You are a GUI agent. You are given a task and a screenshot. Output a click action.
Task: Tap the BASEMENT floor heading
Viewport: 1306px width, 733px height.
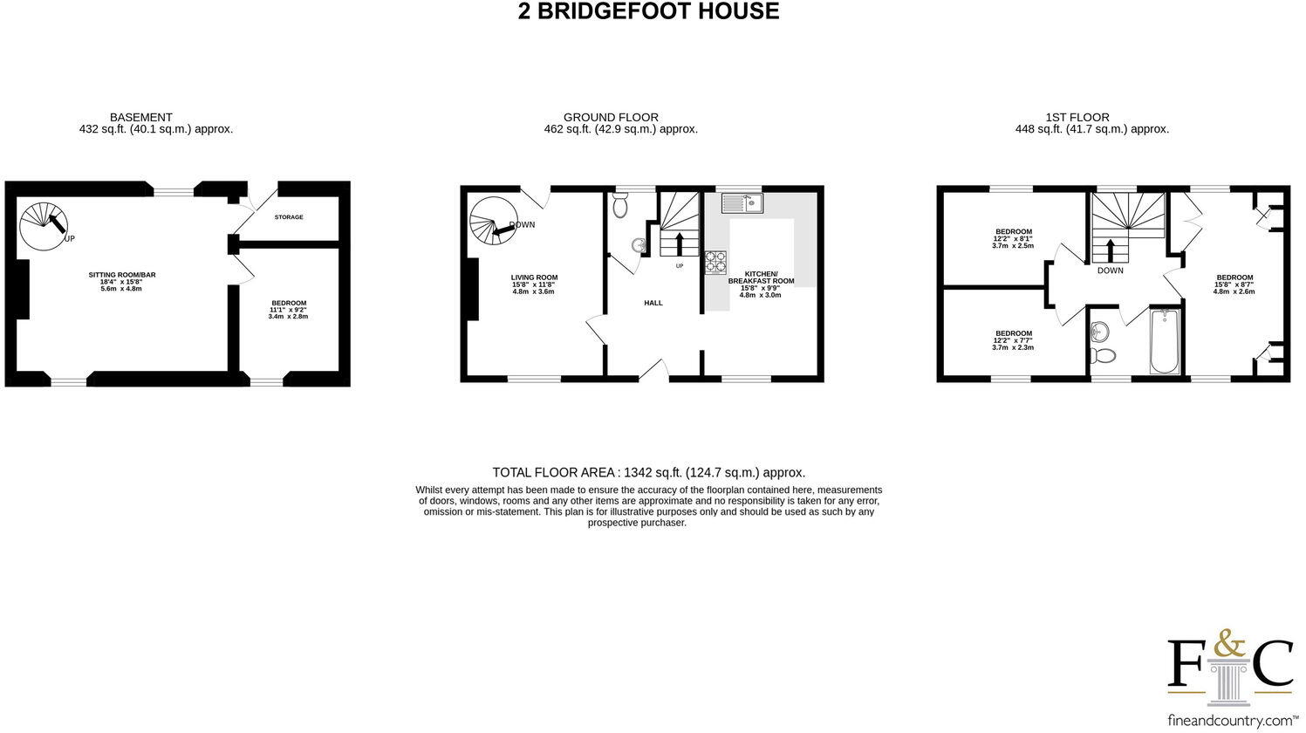[x=140, y=117]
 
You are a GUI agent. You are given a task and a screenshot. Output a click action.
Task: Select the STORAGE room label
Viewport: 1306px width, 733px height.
[x=289, y=216]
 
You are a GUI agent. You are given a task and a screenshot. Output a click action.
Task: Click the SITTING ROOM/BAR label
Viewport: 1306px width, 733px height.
[x=122, y=275]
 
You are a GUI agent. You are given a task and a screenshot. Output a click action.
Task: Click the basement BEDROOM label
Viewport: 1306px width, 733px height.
[x=289, y=303]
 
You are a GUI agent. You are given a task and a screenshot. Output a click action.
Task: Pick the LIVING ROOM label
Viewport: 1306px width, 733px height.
[x=534, y=278]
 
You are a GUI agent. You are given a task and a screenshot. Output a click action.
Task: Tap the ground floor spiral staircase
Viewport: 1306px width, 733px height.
[x=493, y=218]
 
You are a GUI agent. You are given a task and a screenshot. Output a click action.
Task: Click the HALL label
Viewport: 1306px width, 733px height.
[x=653, y=303]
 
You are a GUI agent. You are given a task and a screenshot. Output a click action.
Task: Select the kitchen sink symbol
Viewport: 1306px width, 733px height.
[x=742, y=202]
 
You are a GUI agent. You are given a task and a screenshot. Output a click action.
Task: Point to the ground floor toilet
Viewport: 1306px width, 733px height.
[x=621, y=206]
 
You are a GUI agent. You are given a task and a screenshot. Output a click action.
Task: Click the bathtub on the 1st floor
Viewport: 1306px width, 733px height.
[x=1165, y=340]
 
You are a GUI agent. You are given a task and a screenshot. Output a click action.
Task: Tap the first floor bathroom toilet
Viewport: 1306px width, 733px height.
[x=1104, y=356]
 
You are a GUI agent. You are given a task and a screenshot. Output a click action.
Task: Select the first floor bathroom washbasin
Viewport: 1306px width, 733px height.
[x=1099, y=332]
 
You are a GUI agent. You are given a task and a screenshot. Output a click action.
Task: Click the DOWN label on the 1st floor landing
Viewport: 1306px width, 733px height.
[x=1111, y=271]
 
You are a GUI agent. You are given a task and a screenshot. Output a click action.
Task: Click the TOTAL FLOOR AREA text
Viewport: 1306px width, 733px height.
[x=648, y=472]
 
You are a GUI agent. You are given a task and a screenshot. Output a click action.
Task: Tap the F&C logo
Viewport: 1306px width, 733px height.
[x=1230, y=663]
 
